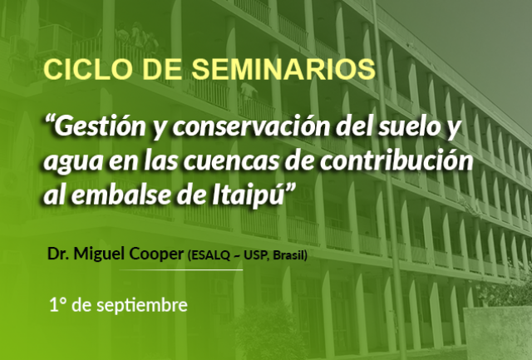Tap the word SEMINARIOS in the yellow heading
(x=283, y=70)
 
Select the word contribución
(x=397, y=160)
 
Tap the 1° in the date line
(x=57, y=304)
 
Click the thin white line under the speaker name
(x=180, y=270)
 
